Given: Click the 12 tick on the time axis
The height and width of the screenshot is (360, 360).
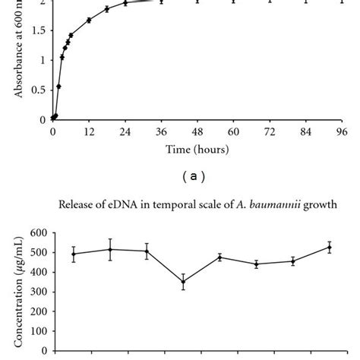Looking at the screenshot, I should tap(88, 131).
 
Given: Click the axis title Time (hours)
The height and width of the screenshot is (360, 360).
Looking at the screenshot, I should tap(197, 150).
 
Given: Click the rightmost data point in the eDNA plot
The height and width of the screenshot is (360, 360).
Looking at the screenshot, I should tap(329, 247).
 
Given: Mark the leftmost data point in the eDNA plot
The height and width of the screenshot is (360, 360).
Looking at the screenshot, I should tap(74, 254).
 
